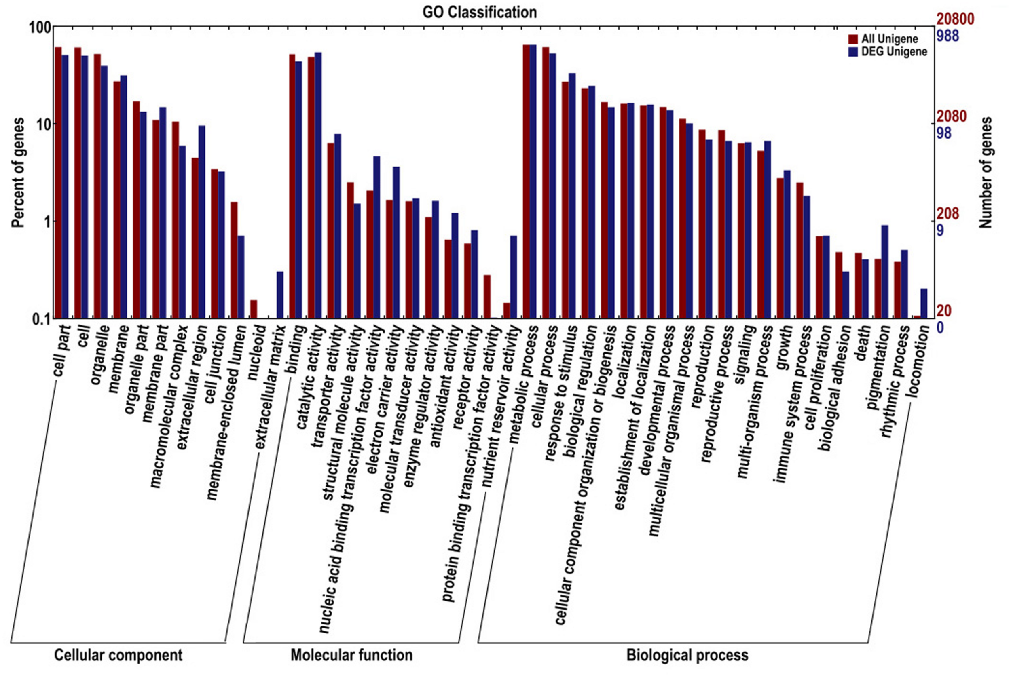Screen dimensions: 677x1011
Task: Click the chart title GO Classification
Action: pos(479,12)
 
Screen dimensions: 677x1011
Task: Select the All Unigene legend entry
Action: pos(889,39)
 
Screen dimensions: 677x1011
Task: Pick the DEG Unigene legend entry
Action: pos(893,52)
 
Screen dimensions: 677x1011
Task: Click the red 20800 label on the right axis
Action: pos(955,19)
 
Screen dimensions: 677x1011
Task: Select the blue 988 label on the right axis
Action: pos(948,36)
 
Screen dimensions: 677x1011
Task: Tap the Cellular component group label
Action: pos(118,655)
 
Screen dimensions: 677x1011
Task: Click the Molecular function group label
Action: pos(351,655)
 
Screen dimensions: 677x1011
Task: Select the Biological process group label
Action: pos(687,655)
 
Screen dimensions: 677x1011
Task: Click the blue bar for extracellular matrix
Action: pos(280,295)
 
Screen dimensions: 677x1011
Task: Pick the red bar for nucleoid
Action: pos(254,309)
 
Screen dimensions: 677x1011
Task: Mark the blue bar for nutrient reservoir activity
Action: pos(514,277)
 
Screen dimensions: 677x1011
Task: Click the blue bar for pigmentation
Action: pos(884,272)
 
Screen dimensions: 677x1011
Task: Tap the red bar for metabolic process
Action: pos(526,181)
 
